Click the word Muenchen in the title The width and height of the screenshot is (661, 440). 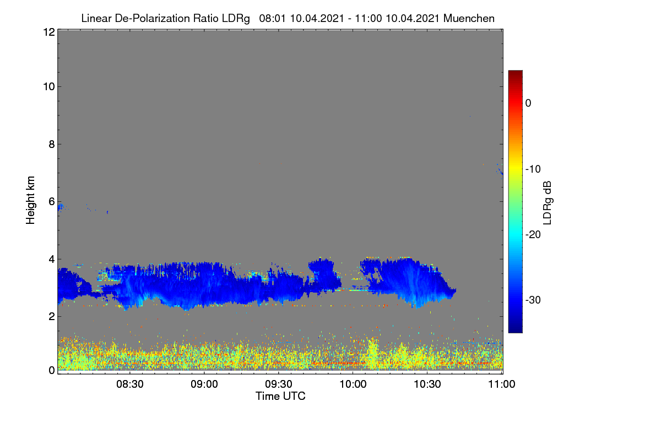point(469,19)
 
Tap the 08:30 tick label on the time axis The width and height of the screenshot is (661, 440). point(130,384)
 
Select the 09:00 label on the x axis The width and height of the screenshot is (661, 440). point(204,384)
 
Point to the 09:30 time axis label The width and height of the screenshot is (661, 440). point(279,384)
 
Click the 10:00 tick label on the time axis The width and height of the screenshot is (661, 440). point(353,384)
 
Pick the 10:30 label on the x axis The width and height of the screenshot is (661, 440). point(427,384)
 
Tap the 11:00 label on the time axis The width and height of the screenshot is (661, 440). point(502,384)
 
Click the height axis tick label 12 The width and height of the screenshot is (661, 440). point(49,32)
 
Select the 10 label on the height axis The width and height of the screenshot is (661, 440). point(49,87)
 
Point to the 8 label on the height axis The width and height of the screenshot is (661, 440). point(52,144)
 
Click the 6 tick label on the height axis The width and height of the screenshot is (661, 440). point(52,202)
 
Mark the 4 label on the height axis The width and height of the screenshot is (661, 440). point(52,260)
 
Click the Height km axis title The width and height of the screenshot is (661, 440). point(30,200)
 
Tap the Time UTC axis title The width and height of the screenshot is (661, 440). point(280,397)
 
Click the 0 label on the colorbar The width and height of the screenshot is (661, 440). point(528,103)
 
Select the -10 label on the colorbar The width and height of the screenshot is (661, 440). point(533,169)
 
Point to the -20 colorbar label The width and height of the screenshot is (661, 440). point(533,235)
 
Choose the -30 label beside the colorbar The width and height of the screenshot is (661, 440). point(533,300)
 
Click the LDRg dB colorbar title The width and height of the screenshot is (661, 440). point(548,203)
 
